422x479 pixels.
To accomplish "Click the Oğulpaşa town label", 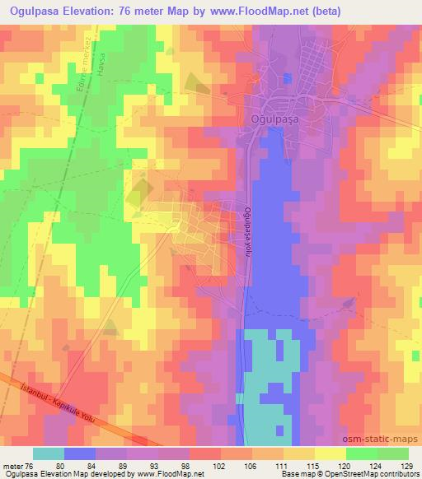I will pos(273,119).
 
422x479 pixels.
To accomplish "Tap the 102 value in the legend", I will pos(219,466).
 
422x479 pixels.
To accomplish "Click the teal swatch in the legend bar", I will pos(49,453).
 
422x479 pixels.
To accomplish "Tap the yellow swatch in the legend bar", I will pos(331,453).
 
